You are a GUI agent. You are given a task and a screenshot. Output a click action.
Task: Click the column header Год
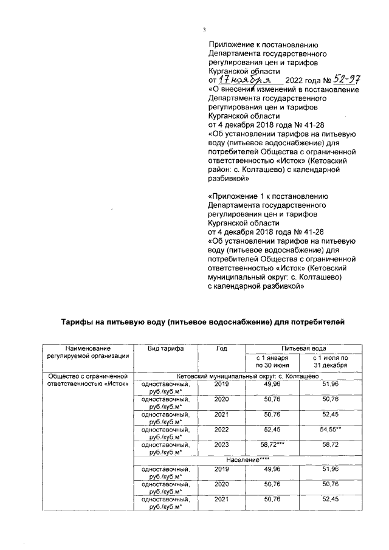tap(221, 348)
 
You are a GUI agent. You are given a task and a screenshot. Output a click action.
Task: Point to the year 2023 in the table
tap(221, 445)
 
